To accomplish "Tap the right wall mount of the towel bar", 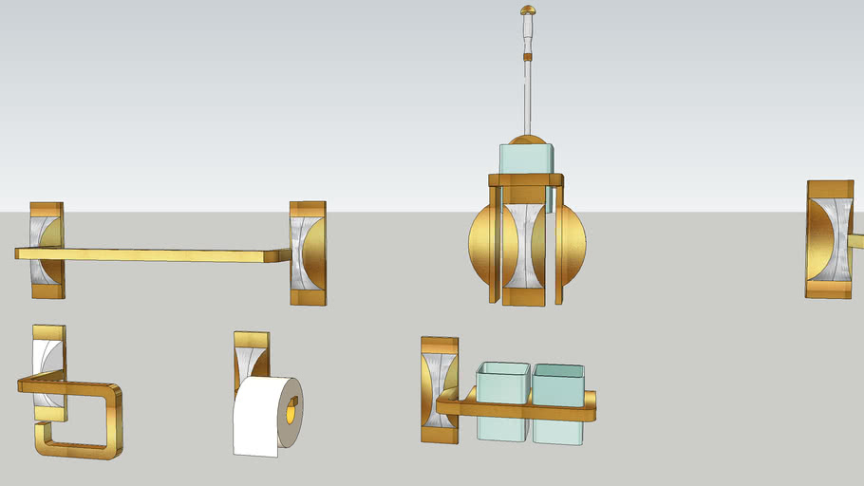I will (308, 252).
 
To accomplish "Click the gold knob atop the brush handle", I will (528, 10).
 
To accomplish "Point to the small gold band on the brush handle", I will (528, 55).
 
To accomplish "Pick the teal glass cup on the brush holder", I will (525, 157).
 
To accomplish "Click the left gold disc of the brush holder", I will (480, 241).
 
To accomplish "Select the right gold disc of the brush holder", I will (574, 241).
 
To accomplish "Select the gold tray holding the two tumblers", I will (517, 410).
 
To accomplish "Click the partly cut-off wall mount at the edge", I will (829, 239).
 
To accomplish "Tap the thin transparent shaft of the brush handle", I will (528, 95).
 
